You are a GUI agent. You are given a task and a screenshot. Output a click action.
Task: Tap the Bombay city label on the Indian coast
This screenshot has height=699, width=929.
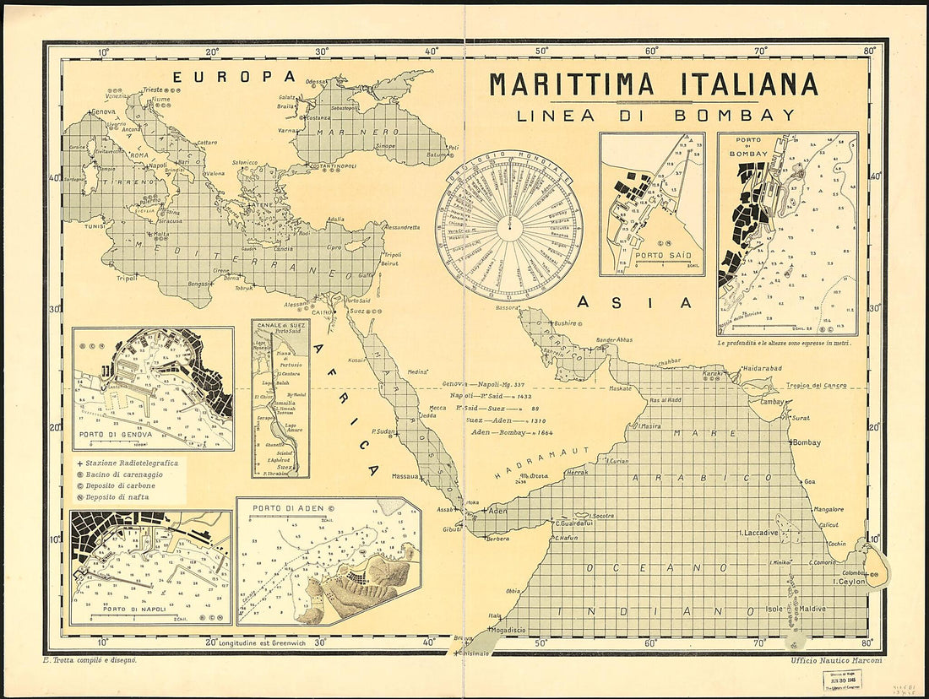(x=807, y=442)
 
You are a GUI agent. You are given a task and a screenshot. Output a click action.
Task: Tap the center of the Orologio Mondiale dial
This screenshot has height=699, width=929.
(x=509, y=225)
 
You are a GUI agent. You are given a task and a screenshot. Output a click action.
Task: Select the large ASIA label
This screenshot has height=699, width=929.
(x=634, y=302)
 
